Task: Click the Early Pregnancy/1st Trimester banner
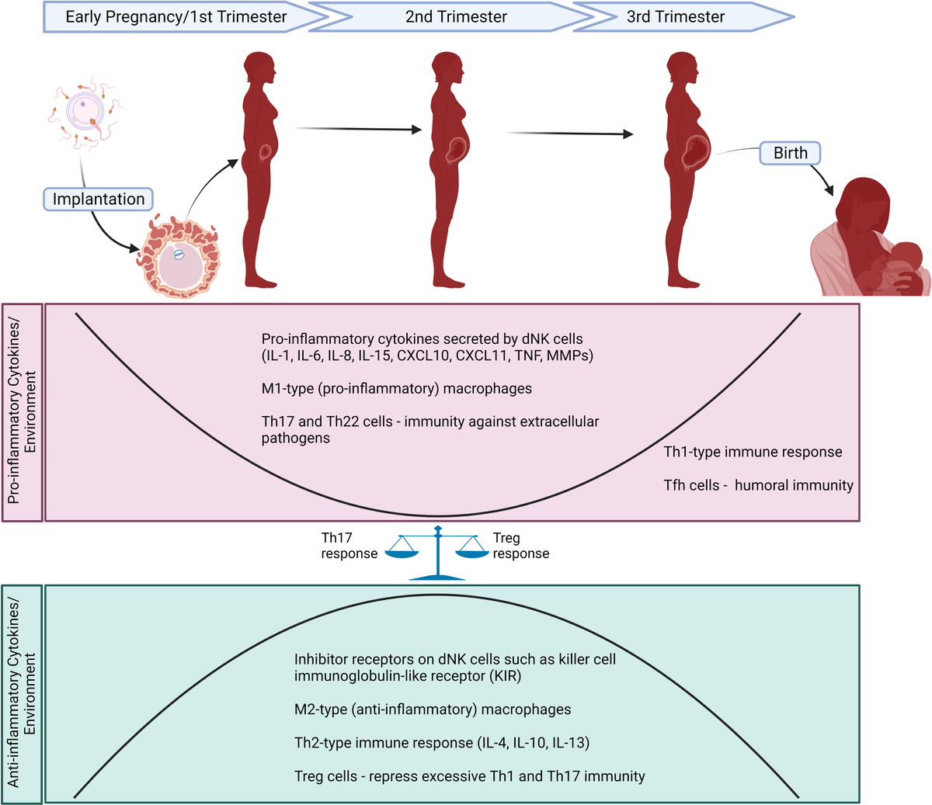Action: pyautogui.click(x=176, y=16)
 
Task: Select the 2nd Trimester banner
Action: pyautogui.click(x=456, y=16)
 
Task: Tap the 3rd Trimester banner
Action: pyautogui.click(x=676, y=16)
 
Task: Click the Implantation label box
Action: pyautogui.click(x=99, y=199)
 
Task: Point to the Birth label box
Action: pyautogui.click(x=790, y=153)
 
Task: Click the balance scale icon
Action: pyautogui.click(x=438, y=553)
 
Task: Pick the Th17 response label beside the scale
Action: pyautogui.click(x=349, y=546)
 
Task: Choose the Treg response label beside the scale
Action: pyautogui.click(x=520, y=546)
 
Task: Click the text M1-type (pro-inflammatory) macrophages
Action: pyautogui.click(x=396, y=388)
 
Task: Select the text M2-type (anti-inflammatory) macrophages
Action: pyautogui.click(x=433, y=709)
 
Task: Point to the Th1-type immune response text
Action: pyautogui.click(x=753, y=452)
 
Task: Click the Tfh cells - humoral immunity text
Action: pyautogui.click(x=758, y=485)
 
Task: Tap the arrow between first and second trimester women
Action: pyautogui.click(x=357, y=129)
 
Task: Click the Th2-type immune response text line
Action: pyautogui.click(x=441, y=743)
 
